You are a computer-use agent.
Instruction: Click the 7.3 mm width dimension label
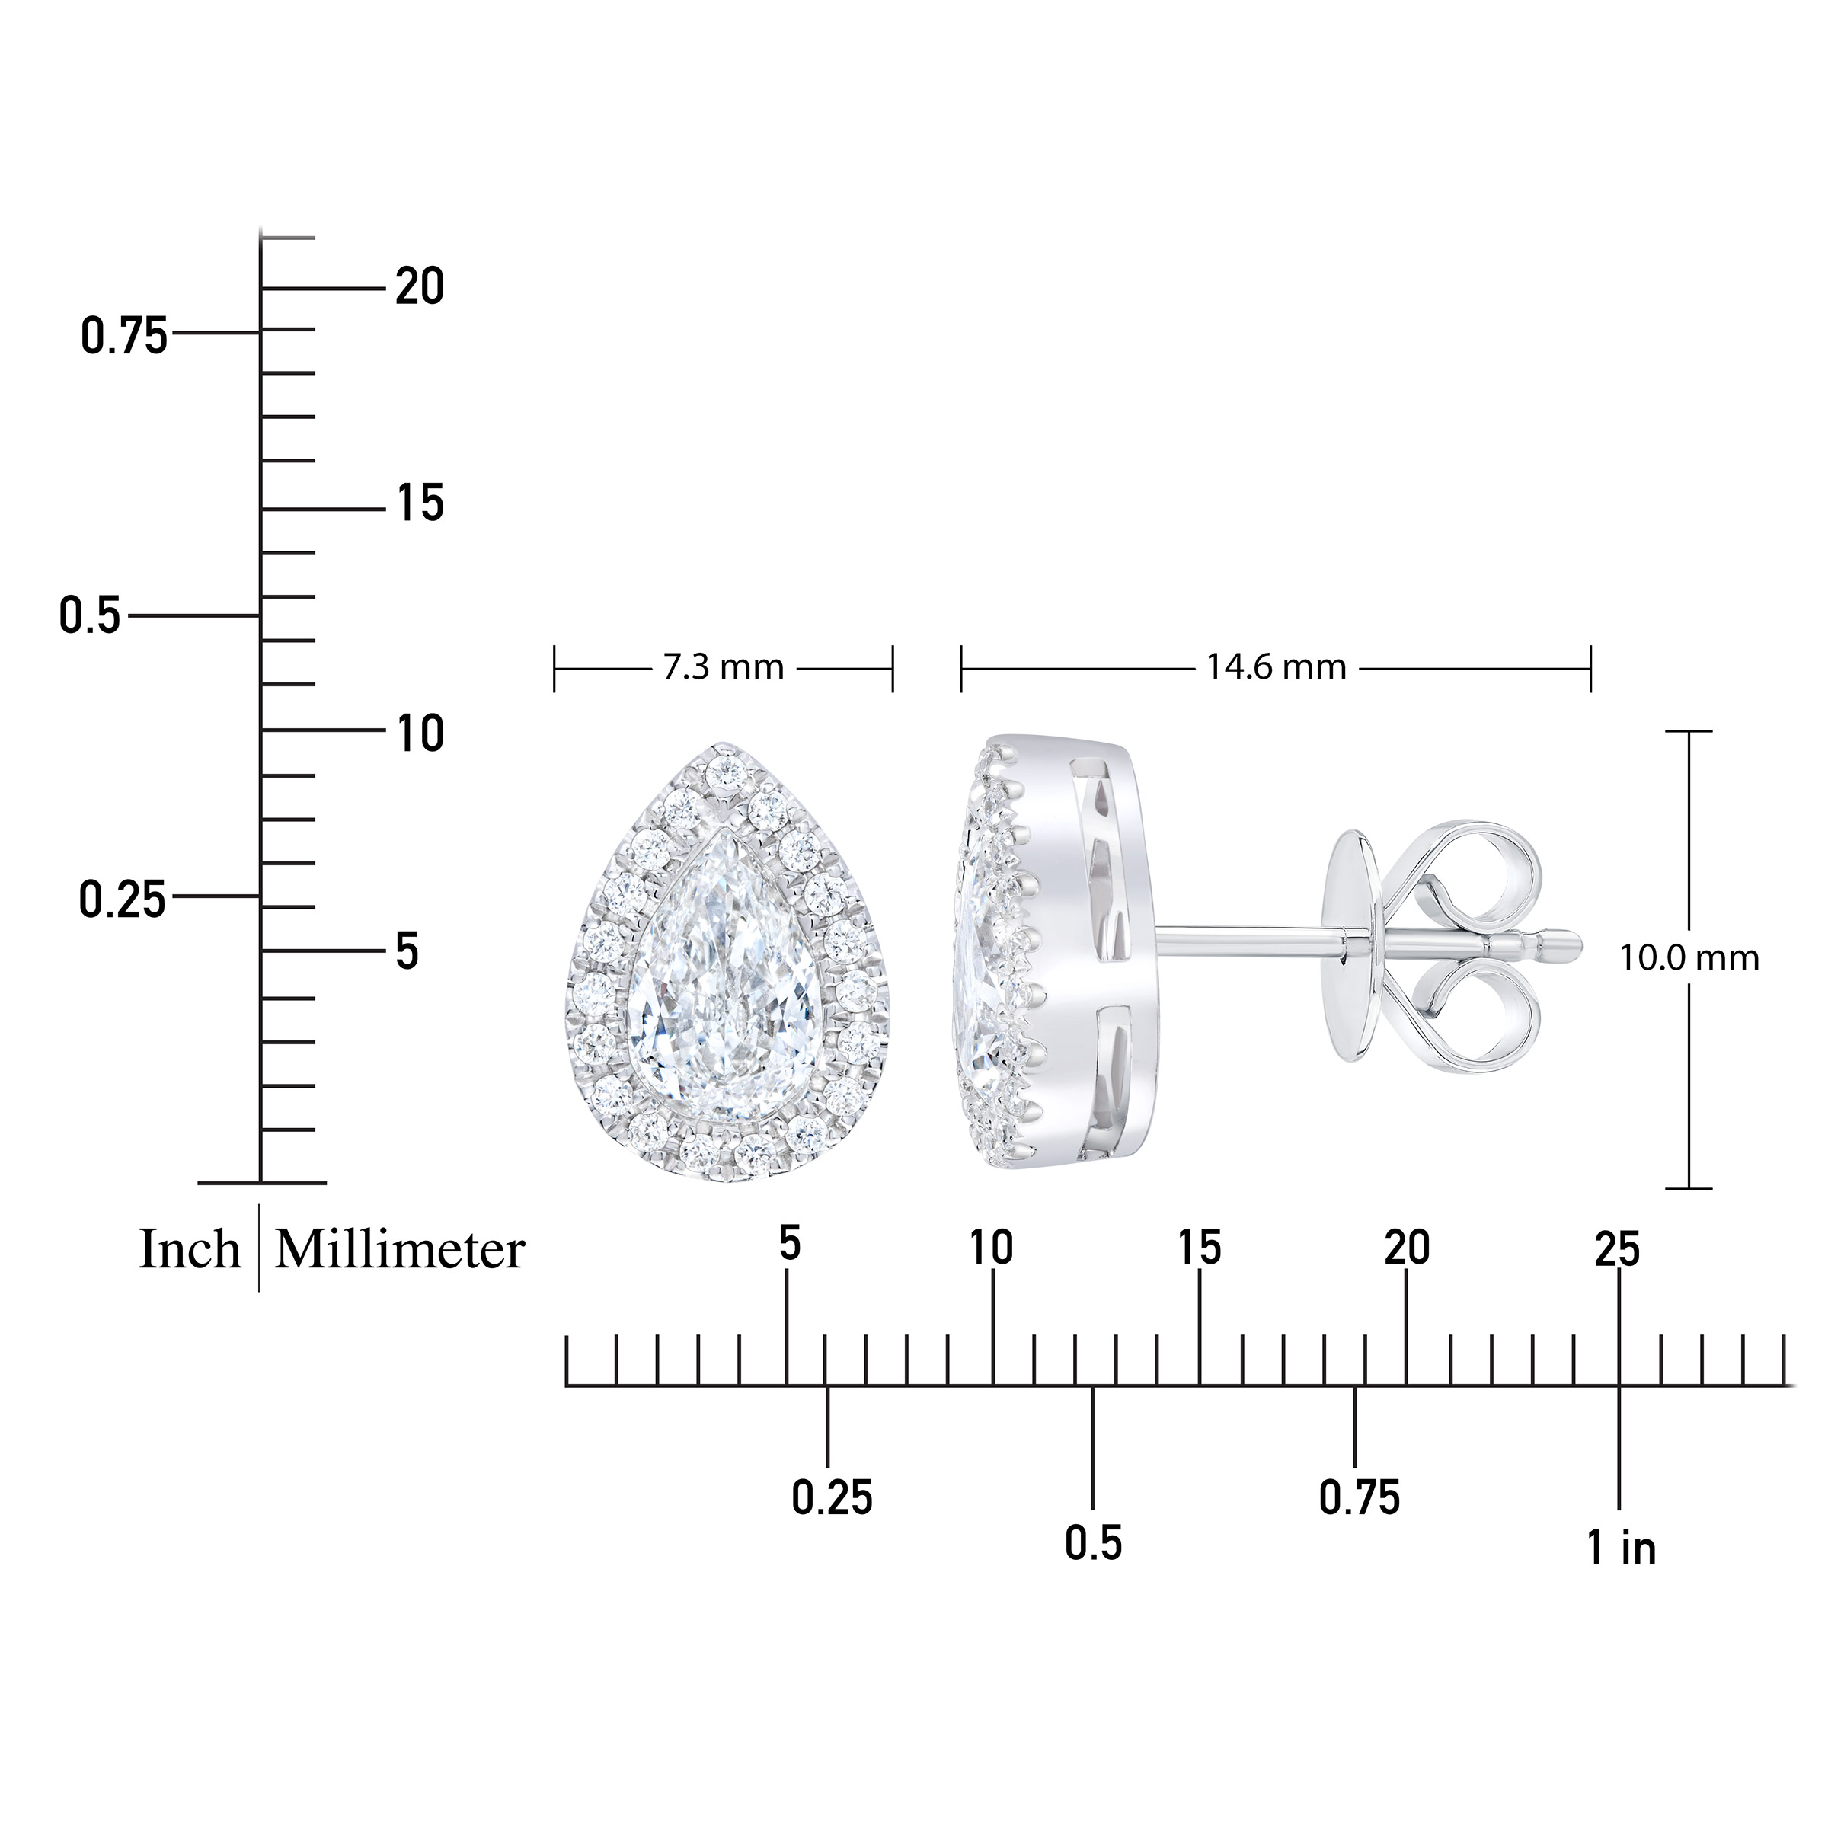coord(724,668)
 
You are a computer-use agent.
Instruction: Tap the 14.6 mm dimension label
coord(1276,668)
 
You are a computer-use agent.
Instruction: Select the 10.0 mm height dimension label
coord(1689,958)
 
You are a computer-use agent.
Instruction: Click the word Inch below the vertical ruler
coord(190,1250)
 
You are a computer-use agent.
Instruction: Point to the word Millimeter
coord(399,1250)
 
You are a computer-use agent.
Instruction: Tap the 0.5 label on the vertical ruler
coord(90,616)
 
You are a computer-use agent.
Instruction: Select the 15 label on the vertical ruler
coord(419,503)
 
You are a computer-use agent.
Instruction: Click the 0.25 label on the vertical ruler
coord(122,900)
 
